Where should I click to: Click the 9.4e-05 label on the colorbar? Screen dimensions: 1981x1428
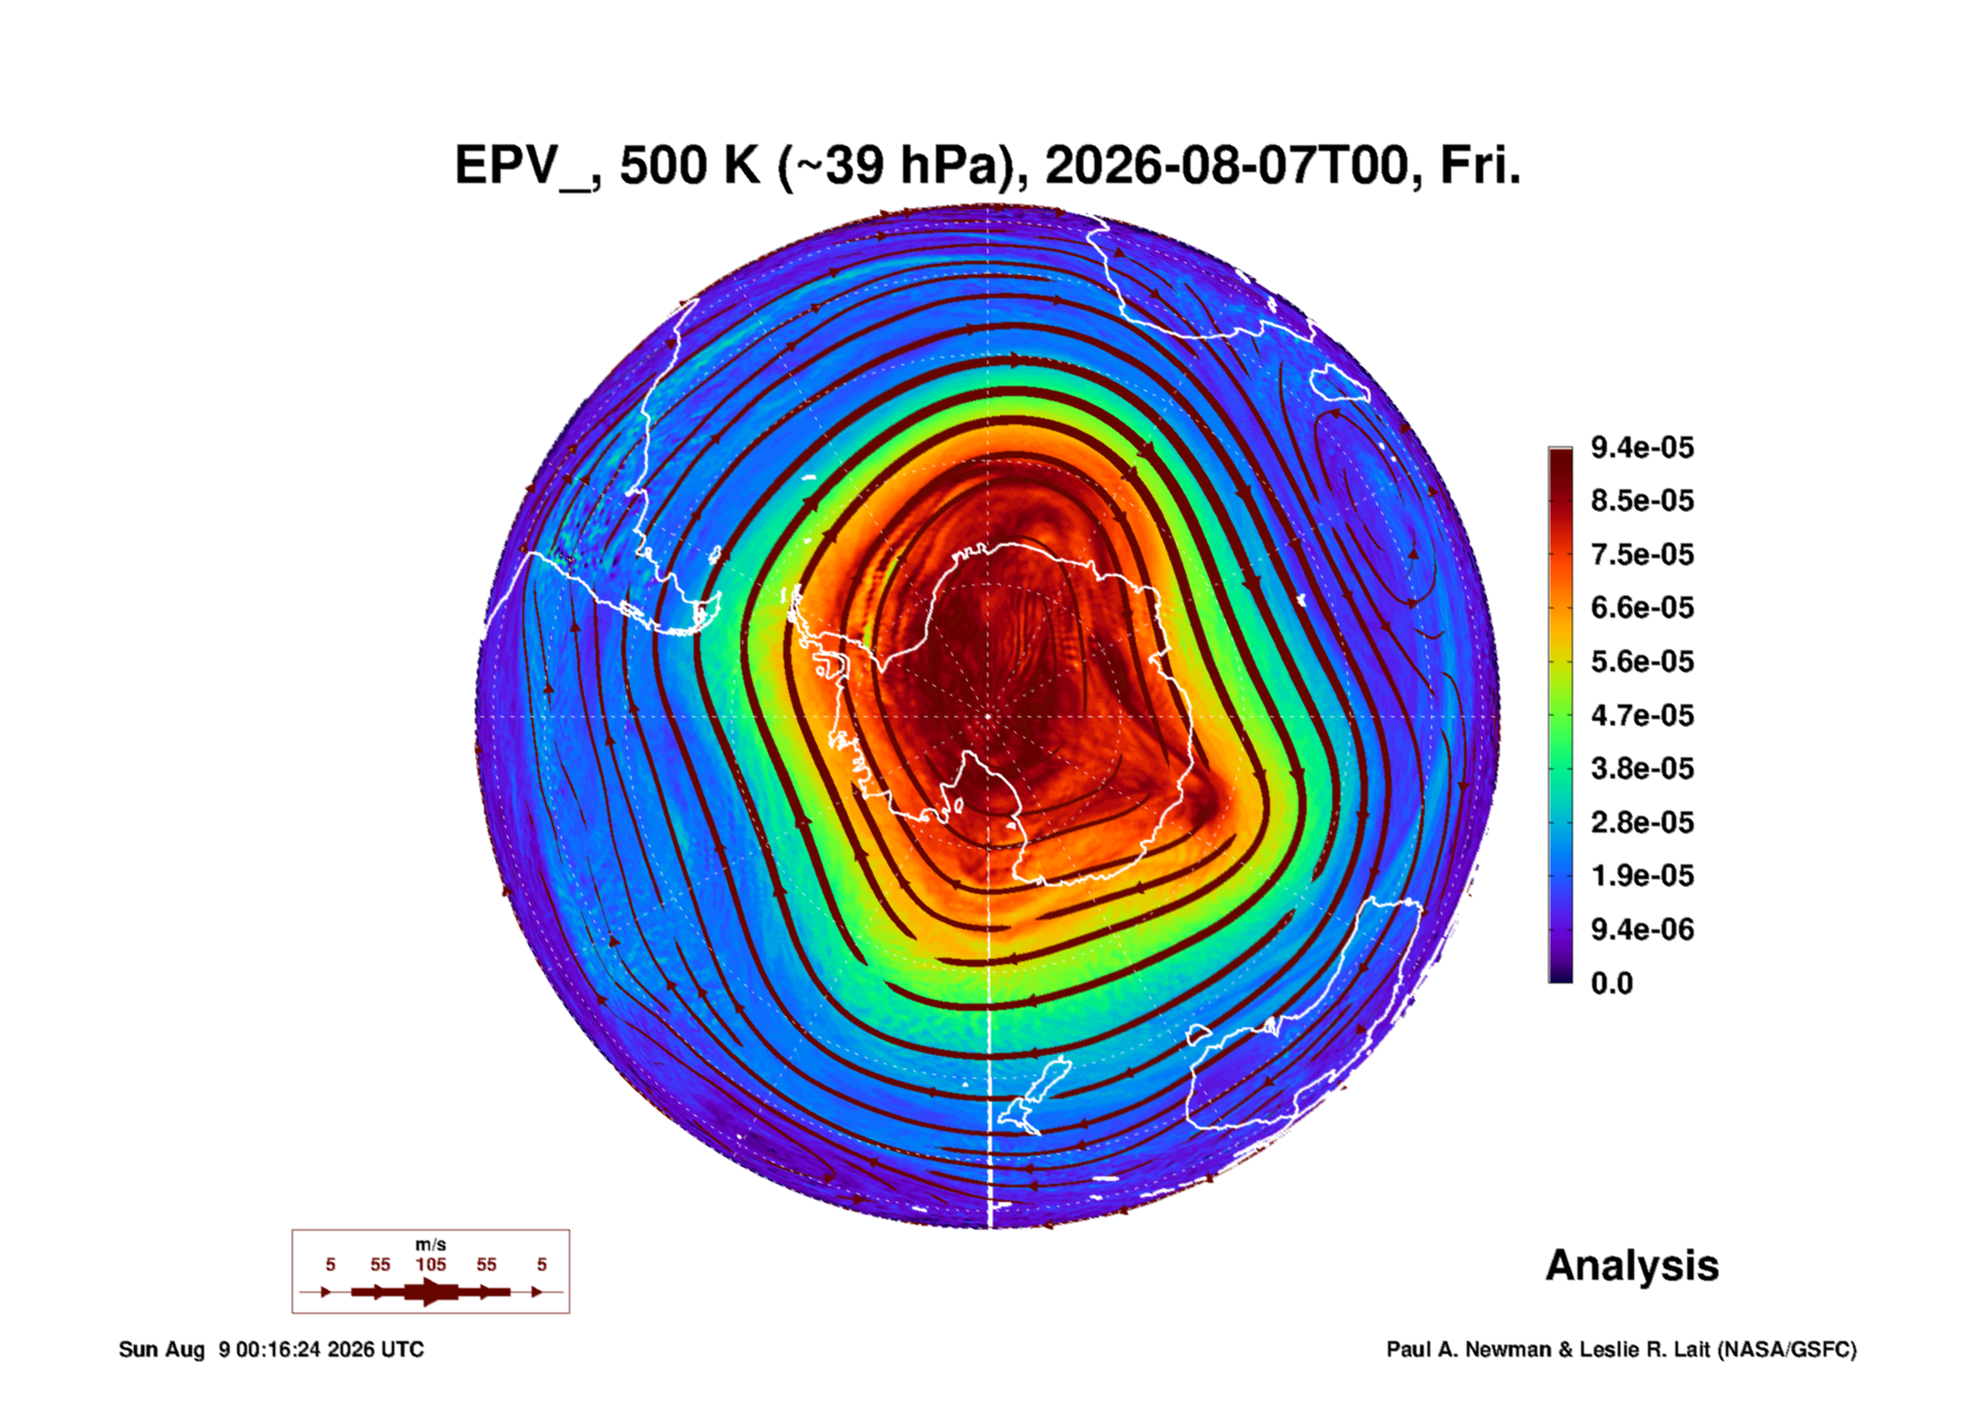pyautogui.click(x=1642, y=447)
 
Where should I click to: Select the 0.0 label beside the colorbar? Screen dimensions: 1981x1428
pyautogui.click(x=1611, y=983)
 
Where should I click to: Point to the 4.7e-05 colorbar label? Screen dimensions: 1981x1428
pyautogui.click(x=1642, y=715)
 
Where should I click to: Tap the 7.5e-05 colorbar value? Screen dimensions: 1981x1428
pyautogui.click(x=1642, y=554)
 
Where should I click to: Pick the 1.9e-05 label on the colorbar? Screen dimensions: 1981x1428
pyautogui.click(x=1642, y=875)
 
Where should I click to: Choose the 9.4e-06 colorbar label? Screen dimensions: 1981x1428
pyautogui.click(x=1642, y=929)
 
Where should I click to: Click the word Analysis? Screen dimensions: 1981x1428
pyautogui.click(x=1631, y=1266)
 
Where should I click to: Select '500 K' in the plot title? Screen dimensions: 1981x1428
pyautogui.click(x=690, y=166)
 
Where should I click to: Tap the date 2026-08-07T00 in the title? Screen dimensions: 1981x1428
pyautogui.click(x=1226, y=166)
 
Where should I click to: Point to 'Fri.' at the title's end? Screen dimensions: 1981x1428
pyautogui.click(x=1480, y=166)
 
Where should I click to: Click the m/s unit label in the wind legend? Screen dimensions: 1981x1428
pyautogui.click(x=431, y=1244)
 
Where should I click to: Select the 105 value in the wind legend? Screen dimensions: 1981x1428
pyautogui.click(x=431, y=1264)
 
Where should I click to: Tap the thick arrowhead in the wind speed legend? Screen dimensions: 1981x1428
pyautogui.click(x=432, y=1292)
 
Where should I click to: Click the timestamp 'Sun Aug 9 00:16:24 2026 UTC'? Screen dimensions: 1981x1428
pyautogui.click(x=271, y=1349)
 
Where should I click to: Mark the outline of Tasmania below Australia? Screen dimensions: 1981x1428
pyautogui.click(x=1199, y=1035)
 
